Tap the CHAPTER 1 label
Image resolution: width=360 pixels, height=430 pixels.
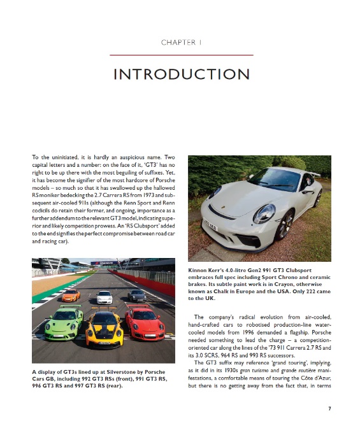coord(180,43)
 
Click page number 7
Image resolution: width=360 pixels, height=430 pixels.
coord(329,408)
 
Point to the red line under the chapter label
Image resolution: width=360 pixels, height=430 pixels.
coord(180,55)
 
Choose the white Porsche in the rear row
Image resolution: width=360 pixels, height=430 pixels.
coord(104,296)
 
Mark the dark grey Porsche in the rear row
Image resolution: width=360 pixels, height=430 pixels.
coord(136,295)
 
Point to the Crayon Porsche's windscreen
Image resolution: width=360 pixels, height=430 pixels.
coord(274,180)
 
